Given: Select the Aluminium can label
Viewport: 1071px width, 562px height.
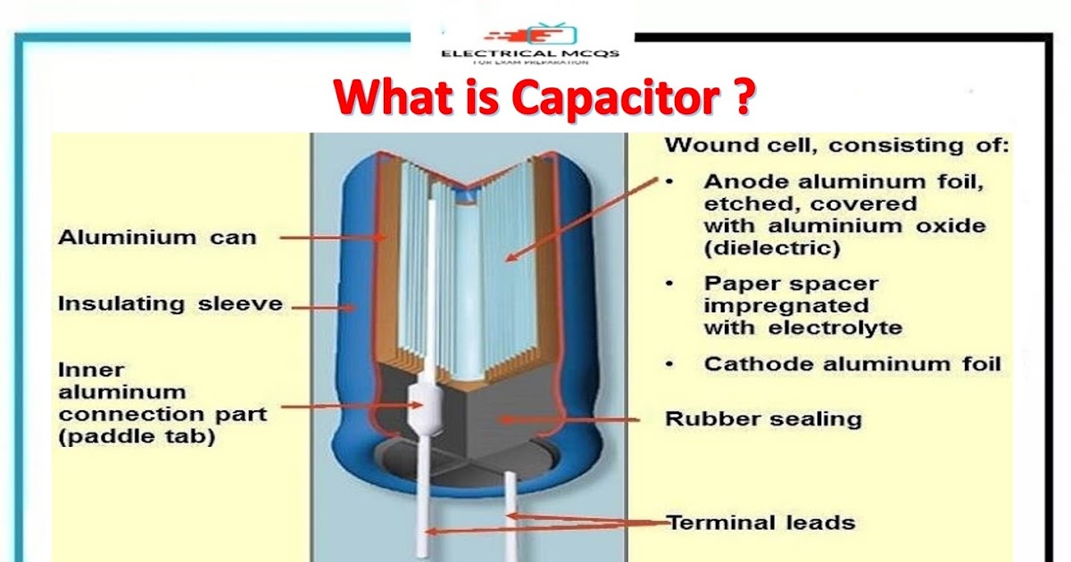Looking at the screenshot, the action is (x=157, y=237).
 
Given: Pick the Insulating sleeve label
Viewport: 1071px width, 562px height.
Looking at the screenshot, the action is (x=170, y=304).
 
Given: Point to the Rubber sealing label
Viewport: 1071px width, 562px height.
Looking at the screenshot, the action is (x=763, y=418).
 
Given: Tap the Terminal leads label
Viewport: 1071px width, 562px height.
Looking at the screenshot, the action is (x=761, y=522).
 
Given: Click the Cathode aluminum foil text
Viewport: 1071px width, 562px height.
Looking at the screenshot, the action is (x=852, y=364).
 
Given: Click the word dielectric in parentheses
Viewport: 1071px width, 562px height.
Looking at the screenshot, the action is (x=772, y=249).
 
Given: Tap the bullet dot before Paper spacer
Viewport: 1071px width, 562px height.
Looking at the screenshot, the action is (x=670, y=284).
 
